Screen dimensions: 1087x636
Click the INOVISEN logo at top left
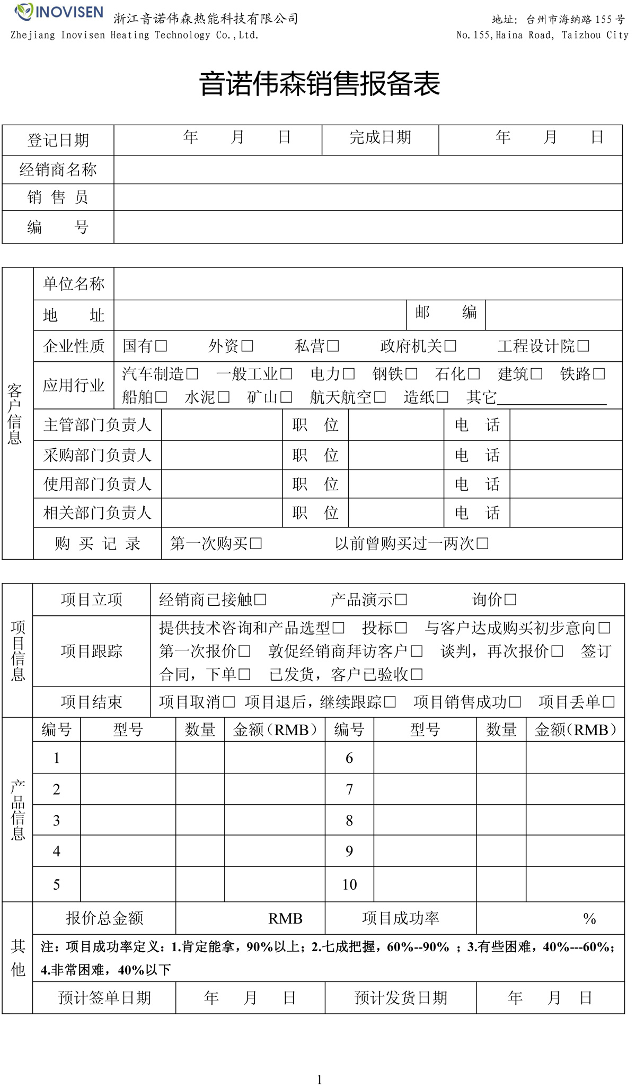tap(59, 12)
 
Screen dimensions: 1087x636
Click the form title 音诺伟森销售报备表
tap(320, 84)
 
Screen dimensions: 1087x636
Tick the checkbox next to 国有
tap(162, 346)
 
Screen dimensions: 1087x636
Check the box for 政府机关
tap(450, 346)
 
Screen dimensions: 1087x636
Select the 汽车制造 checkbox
tap(192, 374)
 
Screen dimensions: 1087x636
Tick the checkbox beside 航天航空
tap(380, 397)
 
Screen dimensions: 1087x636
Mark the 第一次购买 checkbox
tap(256, 543)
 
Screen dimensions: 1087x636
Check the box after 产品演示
tap(401, 599)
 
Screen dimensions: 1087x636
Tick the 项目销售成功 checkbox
tap(515, 702)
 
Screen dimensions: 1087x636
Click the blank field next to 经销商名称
tap(368, 170)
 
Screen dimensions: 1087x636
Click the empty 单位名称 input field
tap(368, 284)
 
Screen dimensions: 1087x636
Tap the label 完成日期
tap(380, 138)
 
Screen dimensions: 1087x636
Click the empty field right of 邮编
tap(554, 315)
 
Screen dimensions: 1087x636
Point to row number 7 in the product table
tap(349, 789)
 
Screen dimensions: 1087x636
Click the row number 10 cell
tap(349, 884)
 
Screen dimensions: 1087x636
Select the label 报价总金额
tap(104, 918)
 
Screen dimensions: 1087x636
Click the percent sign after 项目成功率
tap(589, 919)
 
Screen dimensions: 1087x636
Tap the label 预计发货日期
tap(401, 998)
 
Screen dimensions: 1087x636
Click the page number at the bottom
tap(319, 1080)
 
